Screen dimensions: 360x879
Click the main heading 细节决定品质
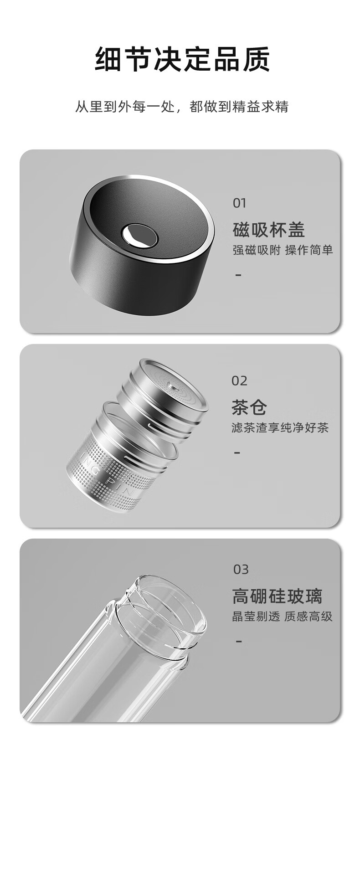(x=182, y=59)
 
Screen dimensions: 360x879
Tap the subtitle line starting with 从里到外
(x=182, y=107)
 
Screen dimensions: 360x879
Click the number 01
(x=240, y=203)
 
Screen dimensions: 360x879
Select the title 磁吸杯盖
(x=269, y=230)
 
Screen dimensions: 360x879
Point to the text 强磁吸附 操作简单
(x=283, y=250)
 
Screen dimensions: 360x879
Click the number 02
(x=240, y=380)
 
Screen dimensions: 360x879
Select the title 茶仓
(x=249, y=407)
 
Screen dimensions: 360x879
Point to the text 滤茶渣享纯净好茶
(x=280, y=428)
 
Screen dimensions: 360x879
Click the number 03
(x=241, y=570)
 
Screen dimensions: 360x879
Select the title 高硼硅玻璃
(x=277, y=596)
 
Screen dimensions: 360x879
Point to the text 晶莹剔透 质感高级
(x=283, y=617)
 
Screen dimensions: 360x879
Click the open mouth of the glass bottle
(x=169, y=611)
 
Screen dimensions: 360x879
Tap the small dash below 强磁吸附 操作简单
(x=238, y=275)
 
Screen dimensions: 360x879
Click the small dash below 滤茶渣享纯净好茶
(x=237, y=452)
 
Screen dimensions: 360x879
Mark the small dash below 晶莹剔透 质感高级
(x=238, y=641)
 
